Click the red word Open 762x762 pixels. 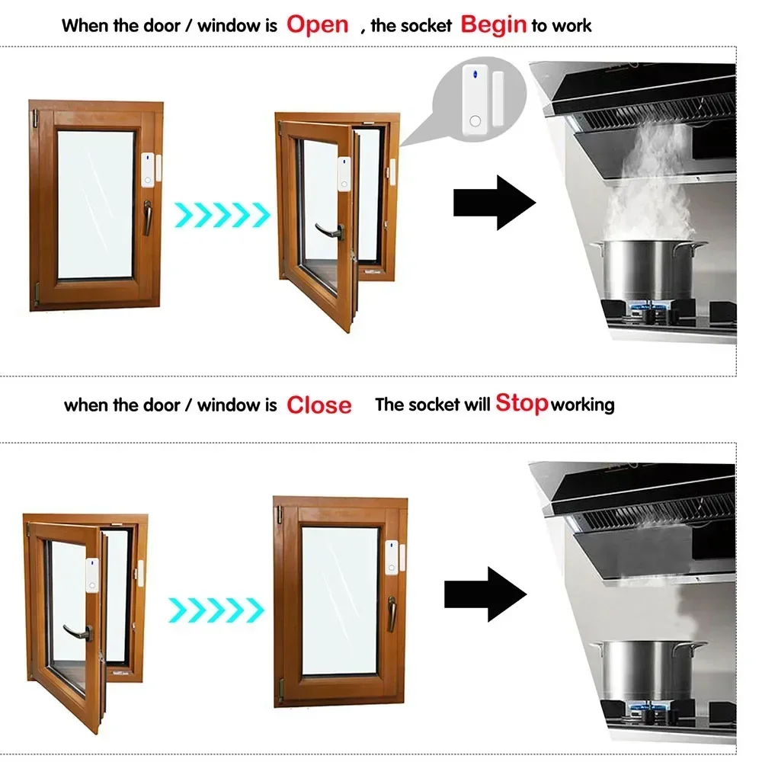pos(317,24)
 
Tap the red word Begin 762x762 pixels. pos(494,24)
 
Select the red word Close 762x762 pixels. pos(319,405)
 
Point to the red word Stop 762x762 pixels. pos(521,402)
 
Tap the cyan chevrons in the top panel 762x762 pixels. pos(222,214)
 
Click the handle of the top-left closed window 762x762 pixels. pos(149,216)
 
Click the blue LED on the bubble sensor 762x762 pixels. pos(473,75)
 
